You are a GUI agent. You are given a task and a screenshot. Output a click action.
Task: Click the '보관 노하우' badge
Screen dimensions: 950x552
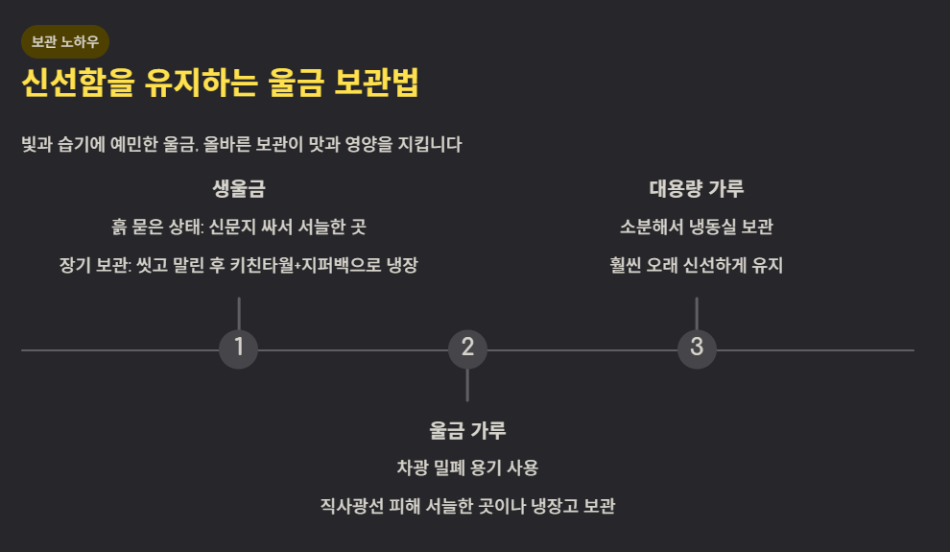click(x=65, y=42)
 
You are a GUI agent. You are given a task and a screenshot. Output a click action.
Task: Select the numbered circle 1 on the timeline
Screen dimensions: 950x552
click(x=238, y=348)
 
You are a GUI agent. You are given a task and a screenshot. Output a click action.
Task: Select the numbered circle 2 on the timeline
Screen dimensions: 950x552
click(x=467, y=348)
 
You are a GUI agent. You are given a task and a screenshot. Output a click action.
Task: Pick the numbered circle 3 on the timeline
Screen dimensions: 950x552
click(x=697, y=348)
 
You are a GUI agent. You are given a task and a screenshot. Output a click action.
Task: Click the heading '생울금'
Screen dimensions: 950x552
click(x=238, y=188)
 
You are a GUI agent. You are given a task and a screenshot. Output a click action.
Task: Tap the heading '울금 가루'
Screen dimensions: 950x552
click(x=467, y=430)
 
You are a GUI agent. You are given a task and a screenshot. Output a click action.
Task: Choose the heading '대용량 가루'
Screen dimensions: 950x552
click(x=697, y=188)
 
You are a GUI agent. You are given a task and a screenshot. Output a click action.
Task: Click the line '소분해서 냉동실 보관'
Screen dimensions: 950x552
click(x=697, y=228)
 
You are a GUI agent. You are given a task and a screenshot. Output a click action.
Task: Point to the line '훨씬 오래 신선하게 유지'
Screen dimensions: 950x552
click(x=697, y=266)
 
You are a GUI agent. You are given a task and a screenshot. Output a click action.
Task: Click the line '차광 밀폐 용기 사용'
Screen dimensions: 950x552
click(x=467, y=468)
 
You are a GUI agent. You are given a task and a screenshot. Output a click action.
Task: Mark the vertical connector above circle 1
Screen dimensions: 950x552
click(x=238, y=313)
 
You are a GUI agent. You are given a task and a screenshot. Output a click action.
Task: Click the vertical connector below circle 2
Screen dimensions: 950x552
click(x=467, y=384)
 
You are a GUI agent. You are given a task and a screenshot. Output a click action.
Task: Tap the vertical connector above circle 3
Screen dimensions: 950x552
click(x=697, y=313)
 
